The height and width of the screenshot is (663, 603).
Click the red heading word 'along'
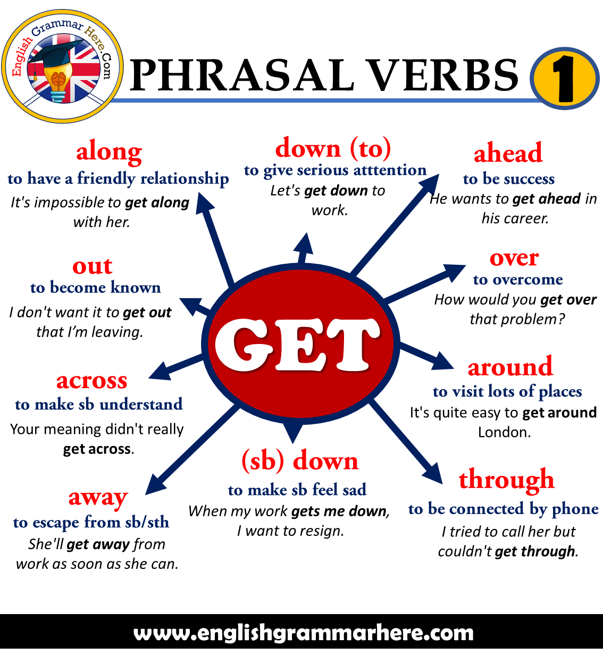click(109, 153)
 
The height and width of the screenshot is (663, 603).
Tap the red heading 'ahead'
click(508, 153)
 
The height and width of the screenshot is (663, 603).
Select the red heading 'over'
click(514, 258)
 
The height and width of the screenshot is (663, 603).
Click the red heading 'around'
click(510, 367)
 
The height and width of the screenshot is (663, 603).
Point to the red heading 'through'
click(506, 480)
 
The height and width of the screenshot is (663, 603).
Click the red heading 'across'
click(92, 381)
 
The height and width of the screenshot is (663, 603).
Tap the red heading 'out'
click(93, 266)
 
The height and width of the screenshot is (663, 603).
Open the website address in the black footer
click(303, 633)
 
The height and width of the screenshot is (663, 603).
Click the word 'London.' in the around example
click(504, 432)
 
